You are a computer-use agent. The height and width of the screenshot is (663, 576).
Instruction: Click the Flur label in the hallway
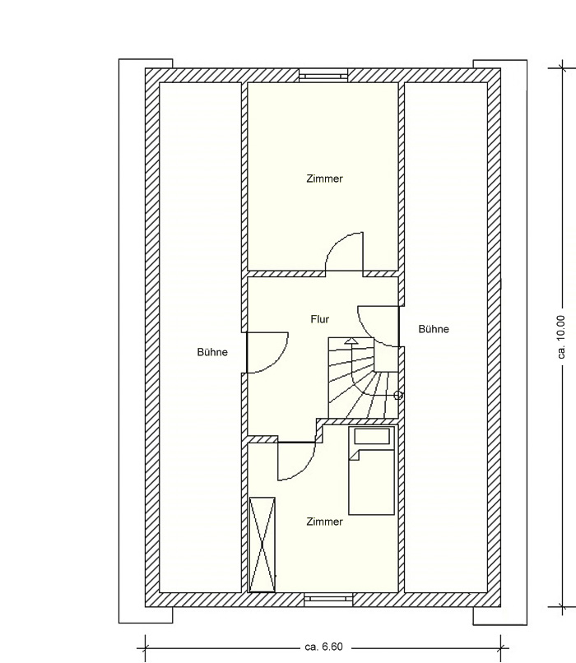(320, 319)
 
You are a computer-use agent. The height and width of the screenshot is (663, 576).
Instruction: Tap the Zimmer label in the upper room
(324, 178)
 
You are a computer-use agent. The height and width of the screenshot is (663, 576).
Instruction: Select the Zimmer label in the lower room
(324, 522)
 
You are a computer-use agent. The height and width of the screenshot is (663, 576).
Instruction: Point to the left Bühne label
(212, 352)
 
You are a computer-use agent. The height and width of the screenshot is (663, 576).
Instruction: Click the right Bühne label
(434, 329)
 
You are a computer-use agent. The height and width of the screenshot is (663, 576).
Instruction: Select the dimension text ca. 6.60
(324, 647)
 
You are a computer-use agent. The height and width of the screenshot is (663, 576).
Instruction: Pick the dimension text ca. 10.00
(561, 337)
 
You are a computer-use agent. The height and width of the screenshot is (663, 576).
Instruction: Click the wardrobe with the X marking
(262, 545)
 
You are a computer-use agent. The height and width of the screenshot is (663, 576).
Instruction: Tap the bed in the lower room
(371, 471)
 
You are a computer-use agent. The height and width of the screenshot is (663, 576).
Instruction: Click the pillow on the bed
(372, 436)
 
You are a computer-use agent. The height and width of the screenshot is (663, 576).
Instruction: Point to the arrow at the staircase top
(350, 341)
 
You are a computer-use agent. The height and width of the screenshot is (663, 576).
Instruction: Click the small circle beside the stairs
(398, 396)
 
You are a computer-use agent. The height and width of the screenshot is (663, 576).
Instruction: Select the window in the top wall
(323, 75)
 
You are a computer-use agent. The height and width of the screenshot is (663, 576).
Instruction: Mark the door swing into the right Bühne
(367, 334)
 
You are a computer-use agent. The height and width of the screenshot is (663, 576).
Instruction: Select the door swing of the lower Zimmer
(305, 470)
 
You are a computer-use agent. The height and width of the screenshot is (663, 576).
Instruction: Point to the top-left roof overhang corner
(118, 59)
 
